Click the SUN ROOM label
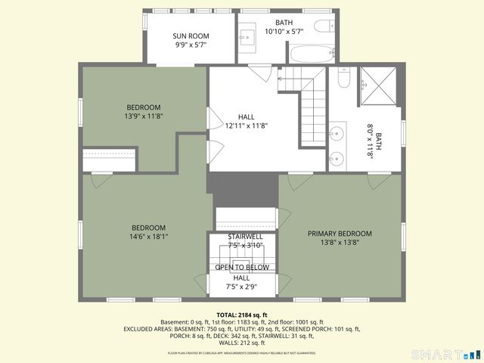190,36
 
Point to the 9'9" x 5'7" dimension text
190,45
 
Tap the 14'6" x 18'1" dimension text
149,237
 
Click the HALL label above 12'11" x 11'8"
246,116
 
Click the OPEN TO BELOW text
242,268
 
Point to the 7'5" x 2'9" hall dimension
243,287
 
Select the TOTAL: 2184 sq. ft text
242,315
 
